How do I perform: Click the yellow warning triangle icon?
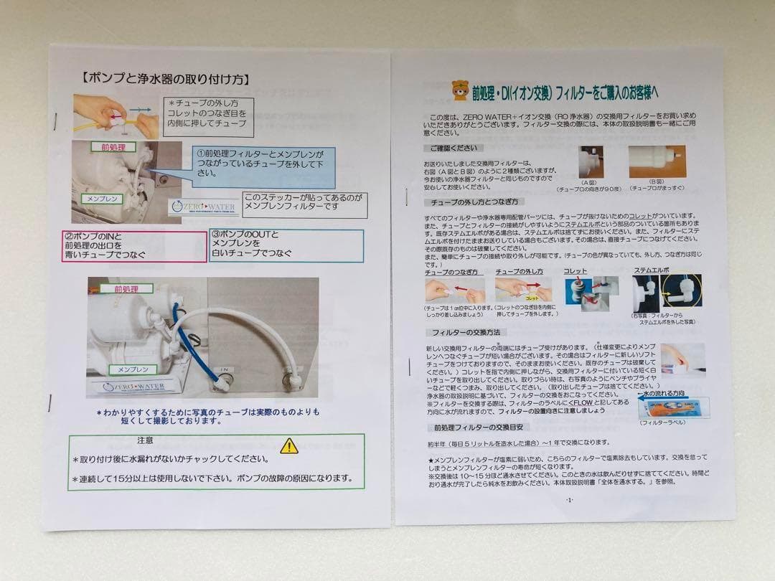click(288, 445)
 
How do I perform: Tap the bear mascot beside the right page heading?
click(459, 90)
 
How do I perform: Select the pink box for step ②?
click(134, 246)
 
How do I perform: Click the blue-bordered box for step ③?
click(286, 245)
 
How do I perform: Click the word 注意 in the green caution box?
click(145, 439)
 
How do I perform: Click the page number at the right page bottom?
click(569, 499)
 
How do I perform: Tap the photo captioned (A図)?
click(591, 162)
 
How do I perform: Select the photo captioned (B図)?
click(657, 161)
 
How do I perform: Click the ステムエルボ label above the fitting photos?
click(651, 271)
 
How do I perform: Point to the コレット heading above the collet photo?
click(575, 271)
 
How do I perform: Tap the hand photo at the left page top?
click(116, 116)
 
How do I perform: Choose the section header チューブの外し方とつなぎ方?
click(474, 202)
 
